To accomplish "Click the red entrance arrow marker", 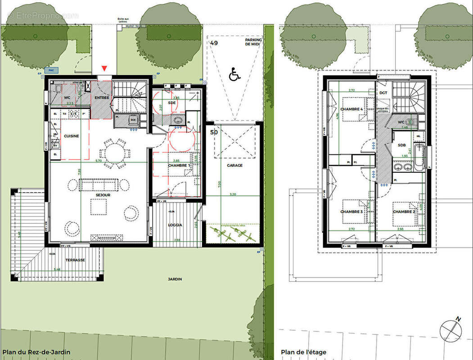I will [x=104, y=68].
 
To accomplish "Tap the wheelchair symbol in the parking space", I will [x=234, y=75].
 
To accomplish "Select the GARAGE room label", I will [x=234, y=166].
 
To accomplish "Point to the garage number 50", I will [x=214, y=133].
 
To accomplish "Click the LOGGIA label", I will [x=176, y=225].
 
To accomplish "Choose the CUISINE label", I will [x=71, y=136].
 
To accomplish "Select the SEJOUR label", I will [x=103, y=195].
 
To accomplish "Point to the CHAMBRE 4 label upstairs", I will [x=351, y=109].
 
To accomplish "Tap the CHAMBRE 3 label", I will [x=351, y=212].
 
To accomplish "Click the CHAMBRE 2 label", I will [x=404, y=211].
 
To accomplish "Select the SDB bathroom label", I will [x=401, y=145].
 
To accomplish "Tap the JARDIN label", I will [x=175, y=279].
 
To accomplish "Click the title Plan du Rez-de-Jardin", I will [x=36, y=352].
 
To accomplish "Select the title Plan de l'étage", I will [x=304, y=352].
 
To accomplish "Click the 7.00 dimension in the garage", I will [x=220, y=184].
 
